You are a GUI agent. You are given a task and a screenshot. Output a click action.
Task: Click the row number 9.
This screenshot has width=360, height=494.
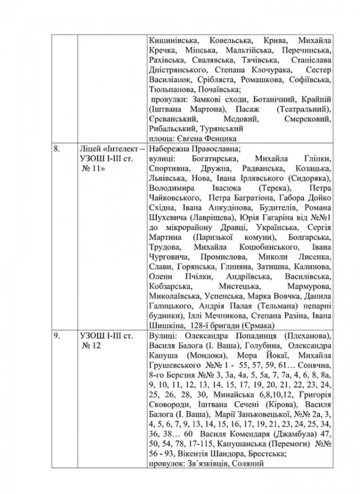(55, 335)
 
